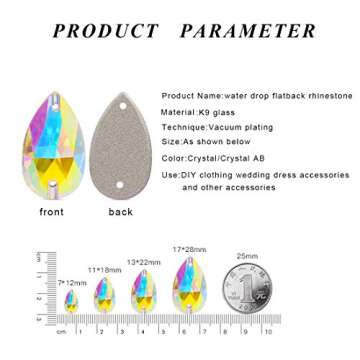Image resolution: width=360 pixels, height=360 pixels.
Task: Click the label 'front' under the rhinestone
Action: pyautogui.click(x=52, y=213)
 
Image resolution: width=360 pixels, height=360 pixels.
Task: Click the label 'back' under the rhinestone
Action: pyautogui.click(x=121, y=213)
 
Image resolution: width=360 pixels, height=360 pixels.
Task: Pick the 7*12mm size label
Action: pyautogui.click(x=72, y=283)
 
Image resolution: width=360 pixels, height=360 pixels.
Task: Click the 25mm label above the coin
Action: pyautogui.click(x=246, y=256)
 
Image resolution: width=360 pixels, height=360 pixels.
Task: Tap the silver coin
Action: pyautogui.click(x=246, y=289)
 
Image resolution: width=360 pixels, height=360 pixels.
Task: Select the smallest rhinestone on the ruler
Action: pyautogui.click(x=71, y=300)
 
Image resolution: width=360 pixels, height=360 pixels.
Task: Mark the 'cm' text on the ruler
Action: pyautogui.click(x=61, y=330)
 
